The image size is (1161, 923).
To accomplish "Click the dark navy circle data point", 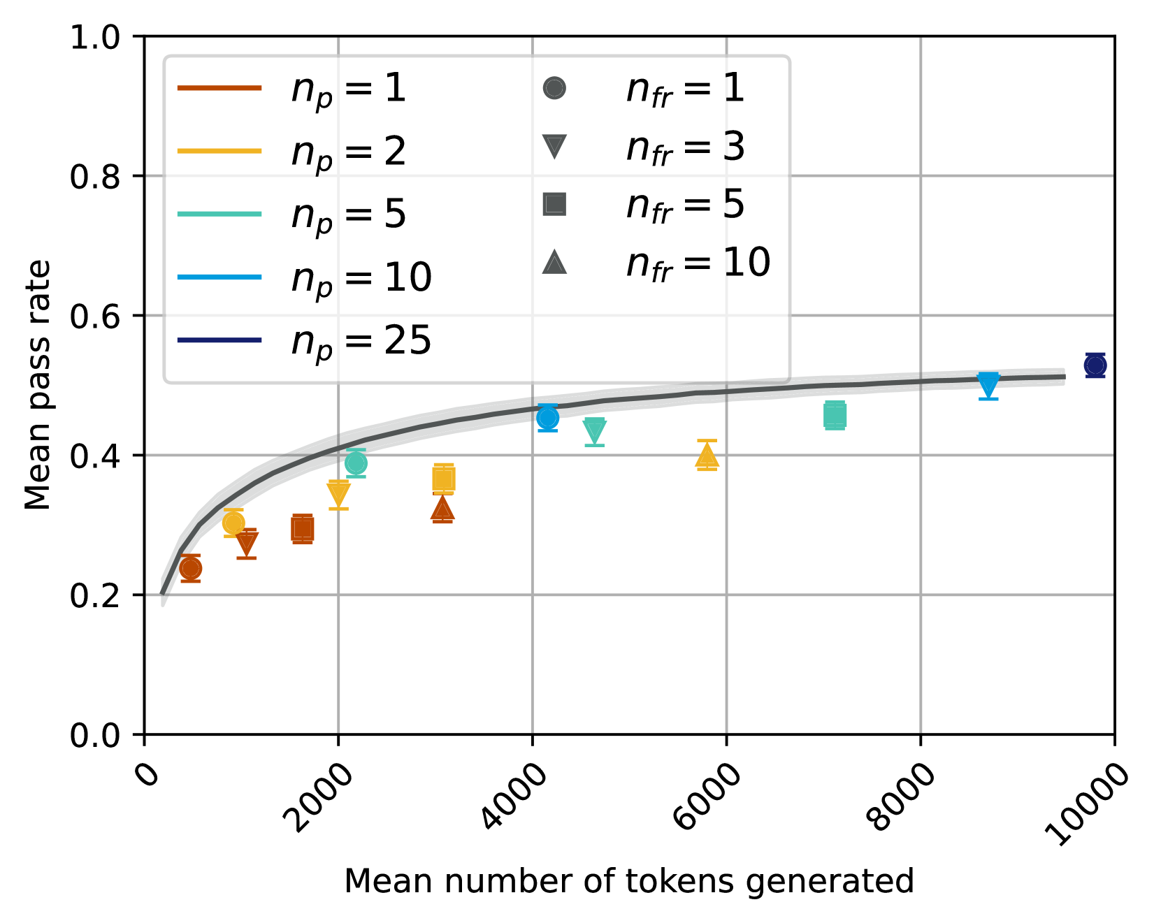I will (1095, 365).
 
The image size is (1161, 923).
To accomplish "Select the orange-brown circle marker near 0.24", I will (190, 568).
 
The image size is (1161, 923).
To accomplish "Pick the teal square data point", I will (835, 415).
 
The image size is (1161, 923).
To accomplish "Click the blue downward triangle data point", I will (988, 384).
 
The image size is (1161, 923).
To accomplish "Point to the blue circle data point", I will (547, 418).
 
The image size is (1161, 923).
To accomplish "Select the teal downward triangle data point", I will (594, 430).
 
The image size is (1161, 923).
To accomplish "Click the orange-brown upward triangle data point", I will (442, 509).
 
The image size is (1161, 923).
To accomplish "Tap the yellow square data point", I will (443, 479).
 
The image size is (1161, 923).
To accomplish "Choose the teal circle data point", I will (356, 463).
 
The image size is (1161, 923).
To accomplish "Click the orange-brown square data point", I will (302, 529).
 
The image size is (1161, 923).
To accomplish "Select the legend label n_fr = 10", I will (698, 263).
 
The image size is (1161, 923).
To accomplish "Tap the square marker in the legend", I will (554, 205).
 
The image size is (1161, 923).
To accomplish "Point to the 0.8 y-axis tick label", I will (96, 176).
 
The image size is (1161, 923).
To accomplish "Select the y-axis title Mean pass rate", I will (38, 385).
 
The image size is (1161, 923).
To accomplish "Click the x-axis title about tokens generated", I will (629, 881).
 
